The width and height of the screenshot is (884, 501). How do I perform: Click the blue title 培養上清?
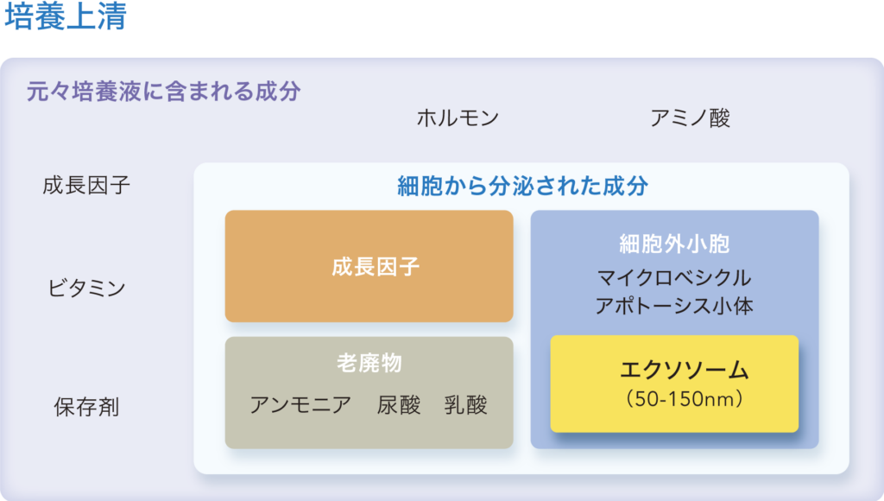66,16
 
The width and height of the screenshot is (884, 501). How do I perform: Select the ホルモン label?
458,118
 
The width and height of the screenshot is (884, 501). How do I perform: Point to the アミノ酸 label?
690,118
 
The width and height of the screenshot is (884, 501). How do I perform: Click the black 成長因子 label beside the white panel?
87,185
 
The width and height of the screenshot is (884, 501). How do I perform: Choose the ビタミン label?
87,289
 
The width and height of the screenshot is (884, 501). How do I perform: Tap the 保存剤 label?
87,407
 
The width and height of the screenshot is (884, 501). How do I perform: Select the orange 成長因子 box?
369,266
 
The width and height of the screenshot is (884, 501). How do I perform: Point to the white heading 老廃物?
369,364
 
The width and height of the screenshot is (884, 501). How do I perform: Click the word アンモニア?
300,405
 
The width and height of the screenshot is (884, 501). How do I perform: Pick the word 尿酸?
399,405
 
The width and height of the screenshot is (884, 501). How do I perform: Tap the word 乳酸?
465,405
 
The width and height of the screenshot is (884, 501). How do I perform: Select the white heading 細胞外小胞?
674,244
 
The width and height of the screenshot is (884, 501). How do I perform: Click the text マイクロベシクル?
674,277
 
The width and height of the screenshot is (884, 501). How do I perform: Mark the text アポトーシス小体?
674,306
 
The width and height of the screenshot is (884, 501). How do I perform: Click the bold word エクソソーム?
685,370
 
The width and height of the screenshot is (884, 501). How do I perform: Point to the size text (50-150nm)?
685,399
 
